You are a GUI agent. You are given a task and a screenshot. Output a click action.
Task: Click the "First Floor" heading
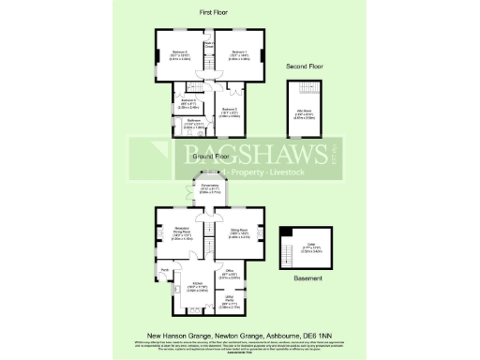214,12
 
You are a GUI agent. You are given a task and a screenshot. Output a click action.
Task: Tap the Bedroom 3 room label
230,110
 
